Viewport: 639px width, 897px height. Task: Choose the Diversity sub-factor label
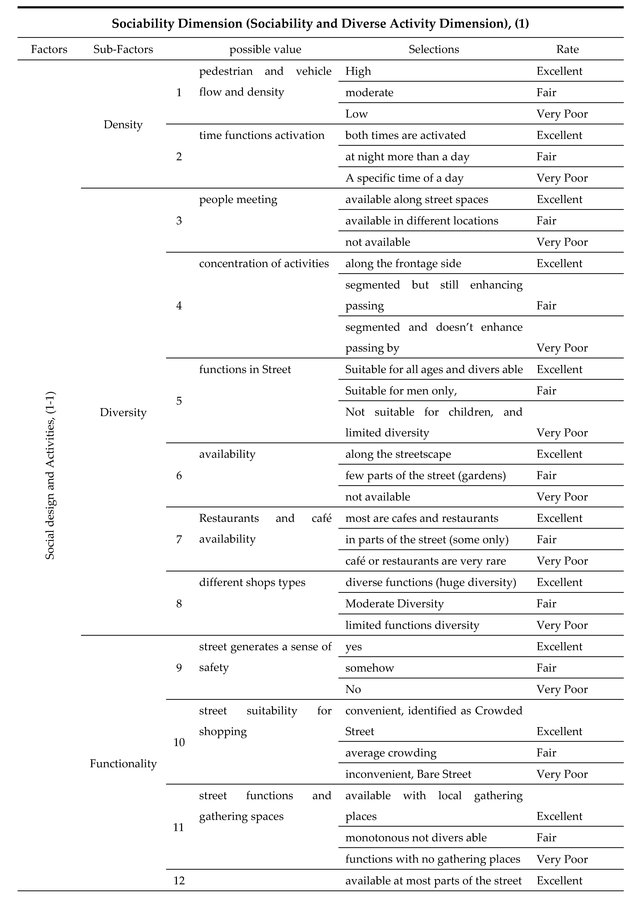[123, 412]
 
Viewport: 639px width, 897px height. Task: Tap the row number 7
[179, 539]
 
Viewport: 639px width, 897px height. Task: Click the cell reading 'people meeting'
[238, 200]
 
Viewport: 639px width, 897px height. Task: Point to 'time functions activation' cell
[262, 135]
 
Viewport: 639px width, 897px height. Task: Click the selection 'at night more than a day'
[407, 157]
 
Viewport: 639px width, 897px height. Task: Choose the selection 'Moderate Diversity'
[394, 604]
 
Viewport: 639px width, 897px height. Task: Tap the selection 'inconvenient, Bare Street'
[408, 774]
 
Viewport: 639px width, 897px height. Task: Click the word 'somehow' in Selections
[370, 668]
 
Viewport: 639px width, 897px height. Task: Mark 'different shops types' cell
[252, 582]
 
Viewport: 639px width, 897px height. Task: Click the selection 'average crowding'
[391, 753]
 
